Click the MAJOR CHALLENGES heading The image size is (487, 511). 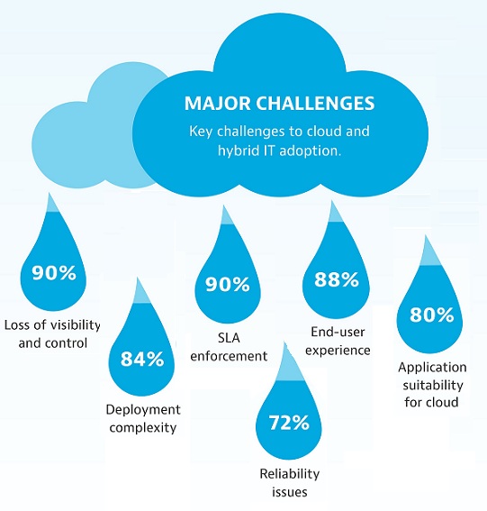pyautogui.click(x=279, y=104)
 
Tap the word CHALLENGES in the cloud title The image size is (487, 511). pyautogui.click(x=315, y=104)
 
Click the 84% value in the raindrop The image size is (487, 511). pyautogui.click(x=142, y=359)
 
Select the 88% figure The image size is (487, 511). pyautogui.click(x=337, y=279)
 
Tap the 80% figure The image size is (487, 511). pyautogui.click(x=431, y=315)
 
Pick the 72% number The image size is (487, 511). pyautogui.click(x=289, y=423)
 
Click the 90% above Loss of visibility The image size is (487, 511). pyautogui.click(x=54, y=272)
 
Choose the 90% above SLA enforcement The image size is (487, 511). pyautogui.click(x=228, y=284)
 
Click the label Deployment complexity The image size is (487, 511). pyautogui.click(x=143, y=418)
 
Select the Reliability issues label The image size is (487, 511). pyautogui.click(x=289, y=482)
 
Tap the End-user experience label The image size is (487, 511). pyautogui.click(x=338, y=341)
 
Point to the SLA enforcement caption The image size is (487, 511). pyautogui.click(x=229, y=347)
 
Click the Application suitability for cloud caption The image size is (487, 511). pyautogui.click(x=432, y=385)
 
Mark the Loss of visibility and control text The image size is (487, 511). pyautogui.click(x=52, y=333)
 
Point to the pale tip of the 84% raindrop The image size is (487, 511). pyautogui.click(x=140, y=293)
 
